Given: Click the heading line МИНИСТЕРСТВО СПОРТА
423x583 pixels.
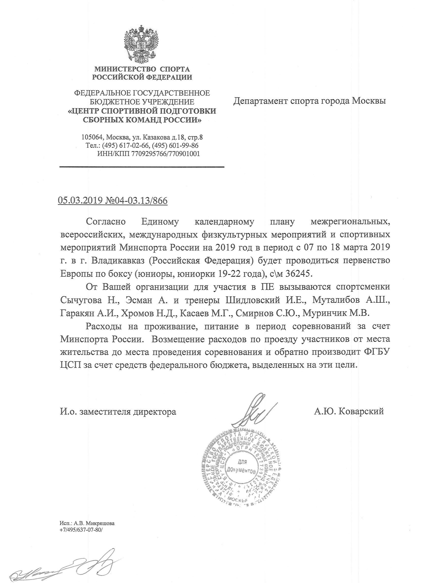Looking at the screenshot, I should click(142, 69).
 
